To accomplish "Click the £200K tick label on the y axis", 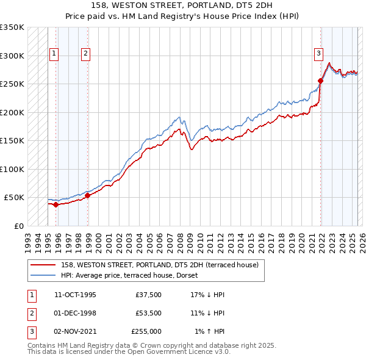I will pyautogui.click(x=12, y=112).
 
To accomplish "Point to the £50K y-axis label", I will pyautogui.click(x=14, y=198).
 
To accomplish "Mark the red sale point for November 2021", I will pyautogui.click(x=320, y=81).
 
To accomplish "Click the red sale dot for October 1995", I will pyautogui.click(x=56, y=204).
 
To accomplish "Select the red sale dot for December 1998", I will pyautogui.click(x=87, y=195).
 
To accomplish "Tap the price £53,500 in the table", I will pyautogui.click(x=148, y=313).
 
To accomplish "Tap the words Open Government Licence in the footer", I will pyautogui.click(x=178, y=351).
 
